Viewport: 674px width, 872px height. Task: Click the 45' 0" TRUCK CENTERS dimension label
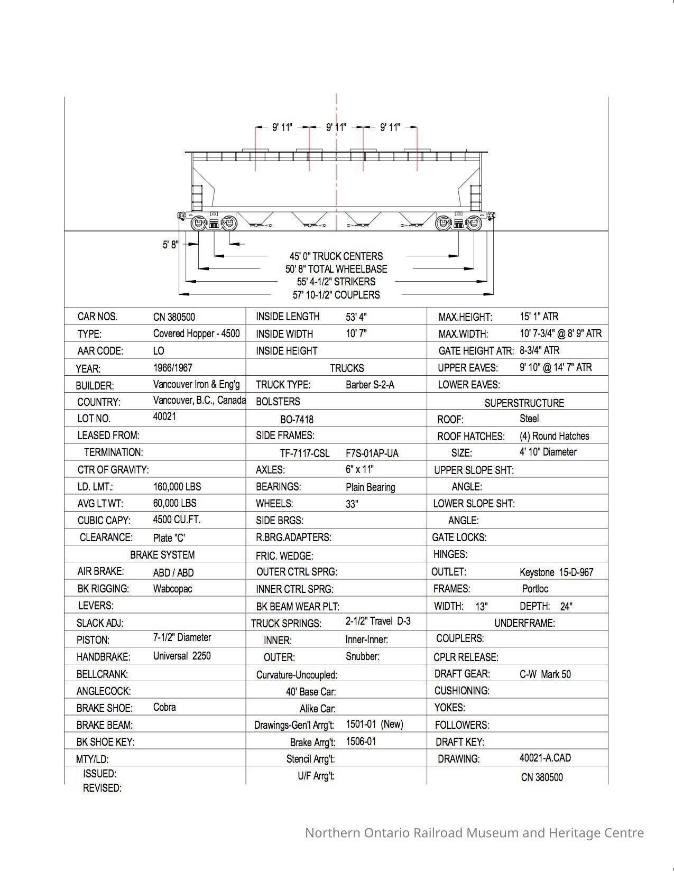point(336,256)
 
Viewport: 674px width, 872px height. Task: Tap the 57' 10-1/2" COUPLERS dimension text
point(336,295)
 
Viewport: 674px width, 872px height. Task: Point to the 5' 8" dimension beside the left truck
point(170,245)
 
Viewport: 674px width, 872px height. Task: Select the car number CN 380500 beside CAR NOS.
point(174,317)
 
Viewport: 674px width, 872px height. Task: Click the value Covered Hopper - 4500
point(196,333)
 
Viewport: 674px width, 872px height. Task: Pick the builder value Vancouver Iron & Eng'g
point(196,384)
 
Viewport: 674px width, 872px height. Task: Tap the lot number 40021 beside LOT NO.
point(164,416)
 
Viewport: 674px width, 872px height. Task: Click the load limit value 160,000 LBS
point(177,486)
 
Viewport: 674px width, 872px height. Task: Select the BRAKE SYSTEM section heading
point(162,555)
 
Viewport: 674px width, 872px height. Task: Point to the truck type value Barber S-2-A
point(370,385)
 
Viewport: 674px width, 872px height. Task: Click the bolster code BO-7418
point(297,420)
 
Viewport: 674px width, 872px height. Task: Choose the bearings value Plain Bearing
point(370,487)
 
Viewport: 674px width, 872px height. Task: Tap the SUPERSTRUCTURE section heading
point(524,403)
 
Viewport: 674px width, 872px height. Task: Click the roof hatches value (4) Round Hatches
point(554,436)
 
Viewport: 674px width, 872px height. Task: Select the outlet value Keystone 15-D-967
point(556,572)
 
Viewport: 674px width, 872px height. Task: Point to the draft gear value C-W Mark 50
point(545,674)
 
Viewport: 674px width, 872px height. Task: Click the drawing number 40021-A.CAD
point(545,758)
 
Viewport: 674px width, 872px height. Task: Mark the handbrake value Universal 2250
point(182,656)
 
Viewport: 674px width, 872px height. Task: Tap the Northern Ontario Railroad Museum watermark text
point(474,833)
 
